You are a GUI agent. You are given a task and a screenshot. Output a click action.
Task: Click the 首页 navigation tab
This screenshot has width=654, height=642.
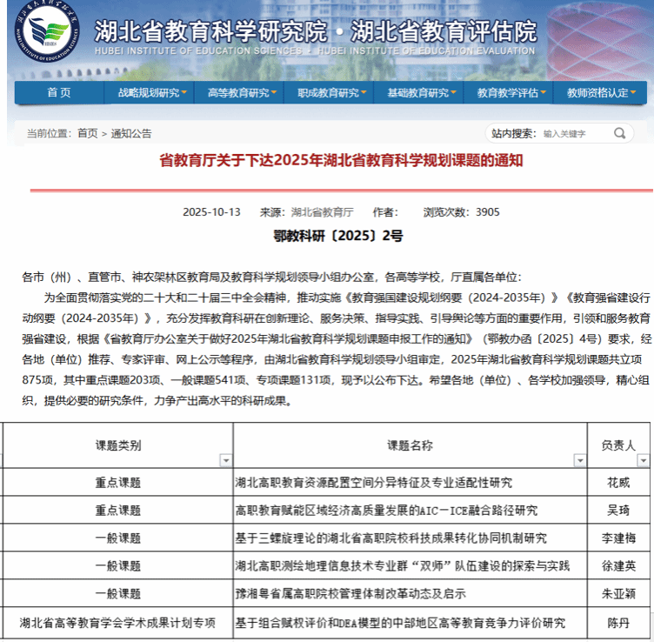pos(59,93)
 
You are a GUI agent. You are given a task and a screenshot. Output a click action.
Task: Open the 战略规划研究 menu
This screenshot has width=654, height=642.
pos(154,93)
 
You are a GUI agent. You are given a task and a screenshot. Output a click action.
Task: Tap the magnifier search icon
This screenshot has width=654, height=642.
pos(620,134)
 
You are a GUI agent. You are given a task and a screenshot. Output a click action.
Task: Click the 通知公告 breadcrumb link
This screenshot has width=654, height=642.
pos(130,134)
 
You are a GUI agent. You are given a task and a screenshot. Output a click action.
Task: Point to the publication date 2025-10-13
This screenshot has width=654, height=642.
pos(210,211)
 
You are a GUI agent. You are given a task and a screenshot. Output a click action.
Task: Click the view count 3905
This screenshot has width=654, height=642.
pos(486,211)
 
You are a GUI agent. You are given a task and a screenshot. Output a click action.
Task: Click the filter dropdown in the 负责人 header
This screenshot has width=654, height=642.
pos(642,460)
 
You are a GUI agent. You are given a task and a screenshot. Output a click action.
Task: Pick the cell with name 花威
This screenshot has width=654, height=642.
pos(618,482)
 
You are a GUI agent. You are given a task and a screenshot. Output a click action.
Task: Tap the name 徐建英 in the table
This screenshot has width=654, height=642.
pos(618,565)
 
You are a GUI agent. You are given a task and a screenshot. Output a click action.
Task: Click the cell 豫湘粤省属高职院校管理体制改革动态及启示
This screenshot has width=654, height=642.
pos(350,594)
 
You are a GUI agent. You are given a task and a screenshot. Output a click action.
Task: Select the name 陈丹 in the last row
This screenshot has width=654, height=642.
pos(618,623)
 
